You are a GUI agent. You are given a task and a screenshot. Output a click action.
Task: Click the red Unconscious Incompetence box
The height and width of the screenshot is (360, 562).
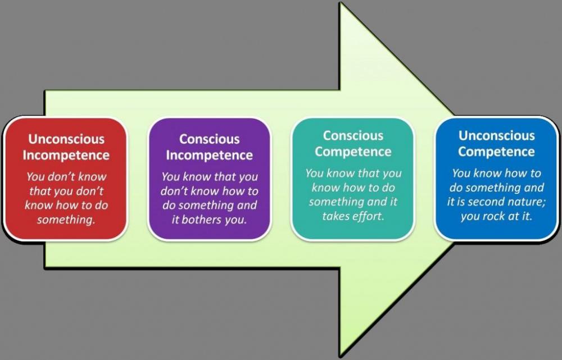[x=66, y=179]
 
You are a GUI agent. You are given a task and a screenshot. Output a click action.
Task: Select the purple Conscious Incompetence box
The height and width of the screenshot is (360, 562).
[x=209, y=179]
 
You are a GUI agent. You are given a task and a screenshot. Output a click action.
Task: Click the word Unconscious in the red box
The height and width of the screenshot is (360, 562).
[x=66, y=139]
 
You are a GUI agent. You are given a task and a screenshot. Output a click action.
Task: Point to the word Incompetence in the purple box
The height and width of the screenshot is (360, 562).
[x=209, y=155]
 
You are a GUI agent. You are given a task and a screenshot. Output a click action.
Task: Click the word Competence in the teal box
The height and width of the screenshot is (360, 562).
[x=353, y=152]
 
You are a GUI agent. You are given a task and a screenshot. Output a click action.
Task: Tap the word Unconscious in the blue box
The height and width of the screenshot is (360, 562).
[x=496, y=135]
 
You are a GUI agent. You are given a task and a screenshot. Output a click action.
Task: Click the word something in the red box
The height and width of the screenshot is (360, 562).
[x=66, y=220]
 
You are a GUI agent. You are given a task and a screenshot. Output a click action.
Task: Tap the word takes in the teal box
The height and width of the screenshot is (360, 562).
[x=336, y=216]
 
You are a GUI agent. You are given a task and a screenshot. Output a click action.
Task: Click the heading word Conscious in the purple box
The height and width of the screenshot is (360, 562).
[x=209, y=139]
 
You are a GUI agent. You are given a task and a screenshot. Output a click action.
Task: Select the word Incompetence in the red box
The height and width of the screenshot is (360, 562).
[x=66, y=155]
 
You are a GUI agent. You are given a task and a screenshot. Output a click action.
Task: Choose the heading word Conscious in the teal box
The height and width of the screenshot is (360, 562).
[x=353, y=135]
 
